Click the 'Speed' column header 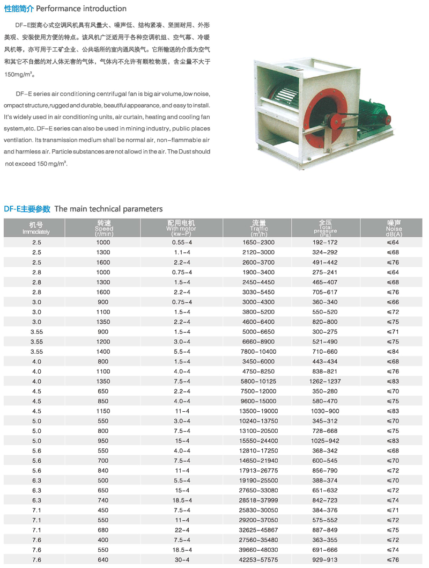tap(103, 228)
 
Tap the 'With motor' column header tap(181, 228)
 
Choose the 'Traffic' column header tap(258, 228)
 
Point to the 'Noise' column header tap(394, 228)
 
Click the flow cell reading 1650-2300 tap(258, 243)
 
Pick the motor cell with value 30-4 tap(181, 559)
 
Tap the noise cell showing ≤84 tap(394, 351)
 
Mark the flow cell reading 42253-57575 tap(258, 559)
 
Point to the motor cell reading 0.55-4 tap(181, 243)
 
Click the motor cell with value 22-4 tap(181, 529)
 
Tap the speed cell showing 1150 tap(103, 411)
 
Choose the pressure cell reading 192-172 tap(325, 243)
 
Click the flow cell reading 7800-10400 tap(258, 351)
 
